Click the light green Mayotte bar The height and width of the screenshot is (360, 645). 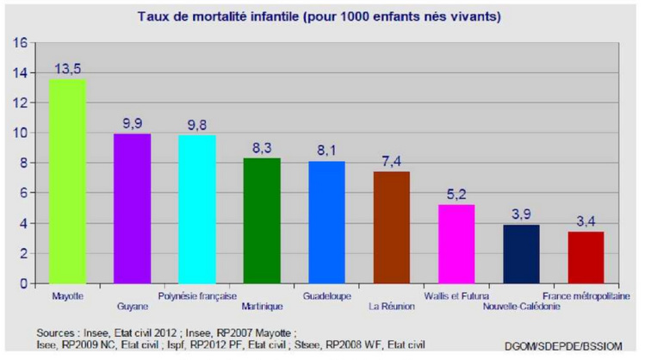[66, 181]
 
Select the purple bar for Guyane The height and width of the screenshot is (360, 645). [132, 208]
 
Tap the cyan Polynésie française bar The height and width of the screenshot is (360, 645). [197, 209]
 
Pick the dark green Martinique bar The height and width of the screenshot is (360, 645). [262, 220]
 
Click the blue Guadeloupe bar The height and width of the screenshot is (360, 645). [326, 222]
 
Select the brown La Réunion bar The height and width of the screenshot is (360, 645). [391, 227]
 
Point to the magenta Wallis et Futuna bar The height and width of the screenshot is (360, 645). [456, 244]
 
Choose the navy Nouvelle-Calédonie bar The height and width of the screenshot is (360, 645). [520, 254]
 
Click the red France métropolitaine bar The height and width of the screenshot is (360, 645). [586, 258]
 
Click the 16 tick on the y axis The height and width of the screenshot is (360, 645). [20, 42]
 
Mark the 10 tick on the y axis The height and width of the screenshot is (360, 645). [20, 133]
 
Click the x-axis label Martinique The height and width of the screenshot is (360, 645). [262, 306]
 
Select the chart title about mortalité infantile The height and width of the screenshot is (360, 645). [321, 16]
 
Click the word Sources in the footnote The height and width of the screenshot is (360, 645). [56, 331]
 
